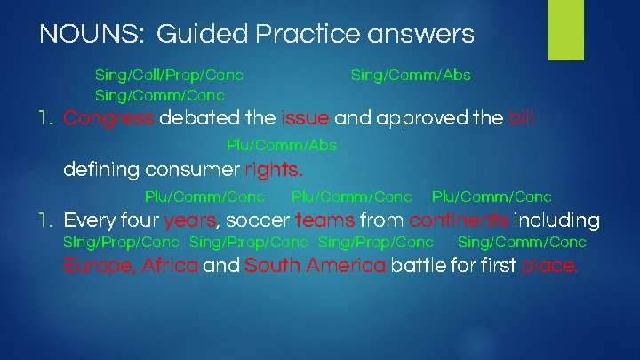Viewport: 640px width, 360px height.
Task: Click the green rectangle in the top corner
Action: (x=565, y=29)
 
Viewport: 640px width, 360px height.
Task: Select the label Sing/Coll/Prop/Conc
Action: (x=169, y=76)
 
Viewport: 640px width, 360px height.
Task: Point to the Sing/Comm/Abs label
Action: (x=411, y=76)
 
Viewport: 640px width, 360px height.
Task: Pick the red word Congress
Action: (x=110, y=118)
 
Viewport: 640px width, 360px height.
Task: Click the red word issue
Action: (x=305, y=118)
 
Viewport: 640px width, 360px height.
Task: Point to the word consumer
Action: (x=197, y=169)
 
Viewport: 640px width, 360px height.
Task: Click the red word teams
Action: (x=324, y=220)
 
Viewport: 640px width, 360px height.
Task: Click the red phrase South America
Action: (x=315, y=266)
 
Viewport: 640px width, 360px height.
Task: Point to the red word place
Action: (x=549, y=266)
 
